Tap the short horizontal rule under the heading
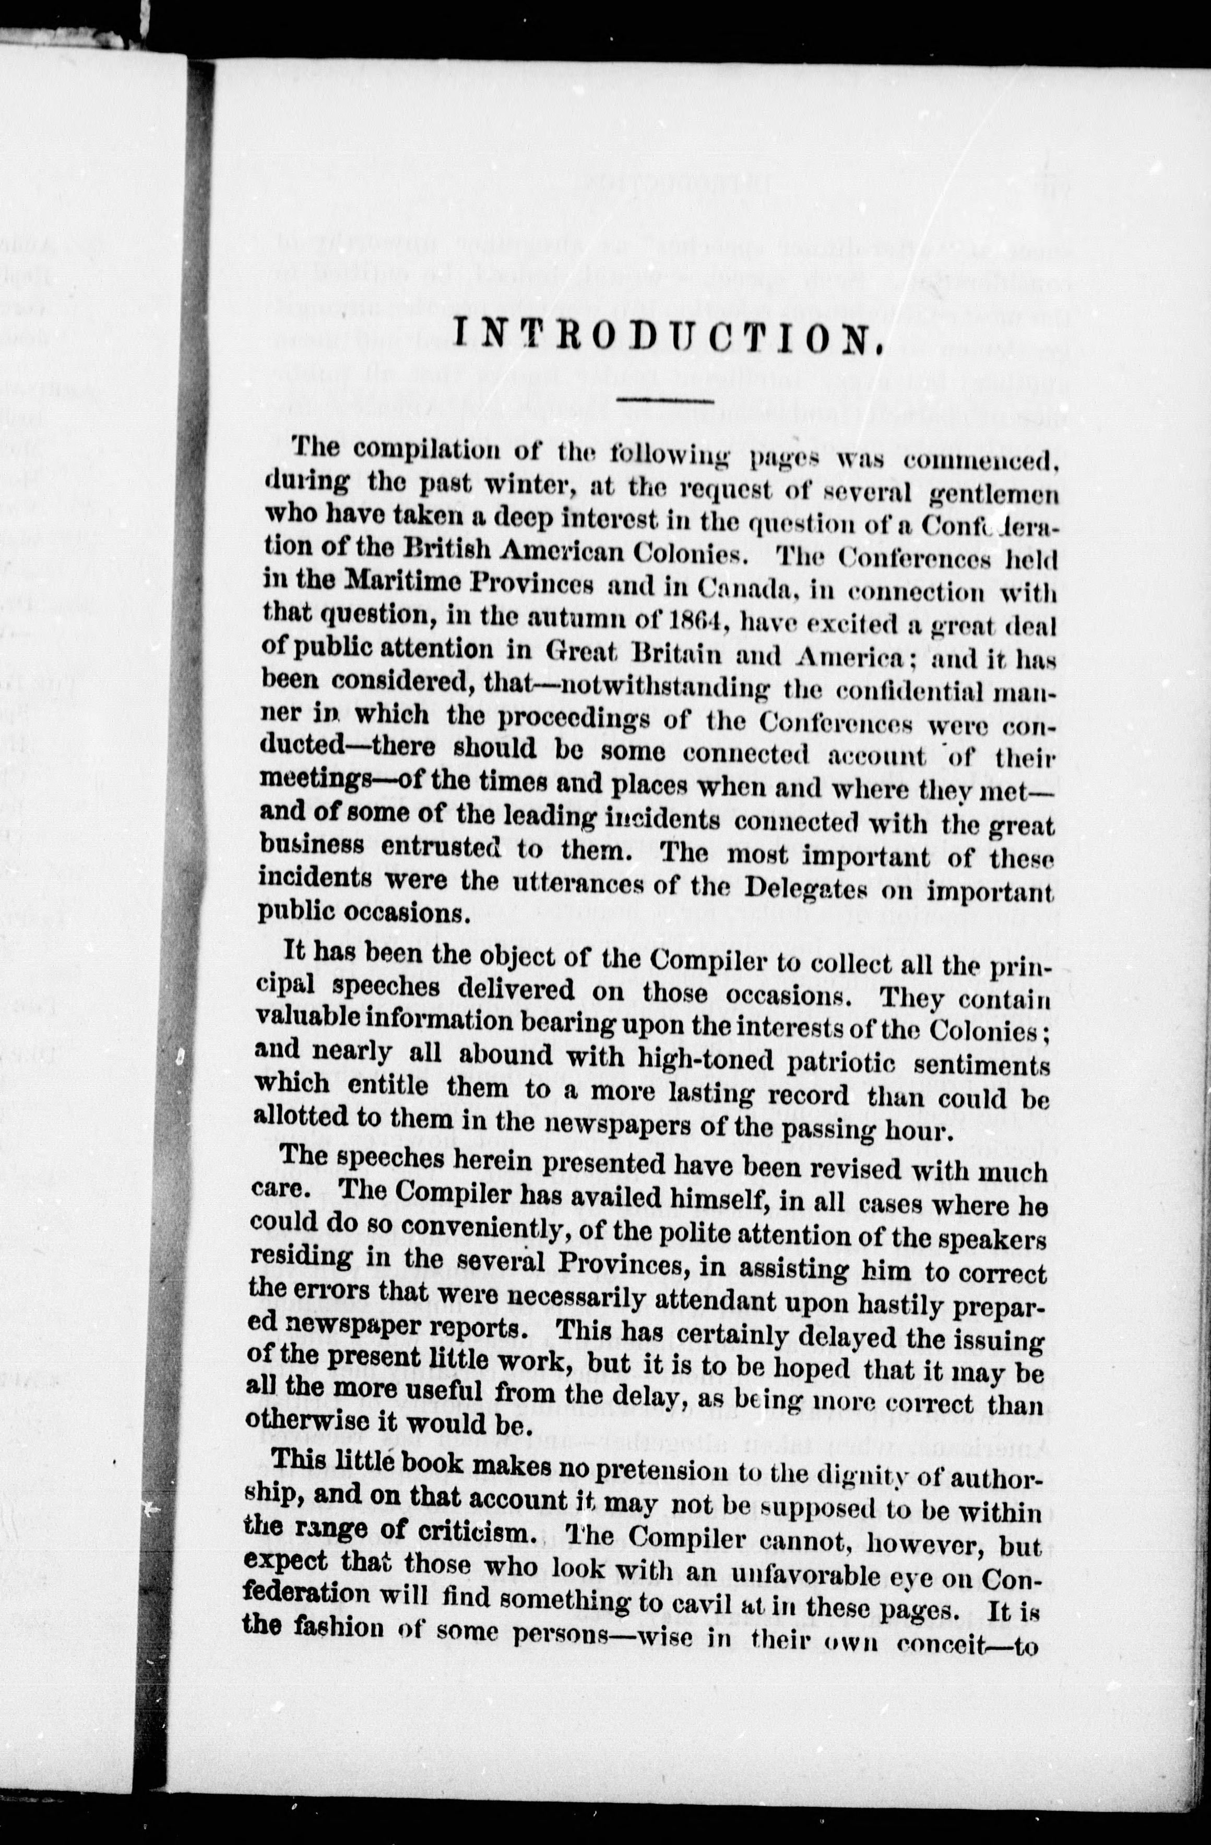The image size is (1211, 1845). pos(665,401)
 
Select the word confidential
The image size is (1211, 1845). pos(892,690)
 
